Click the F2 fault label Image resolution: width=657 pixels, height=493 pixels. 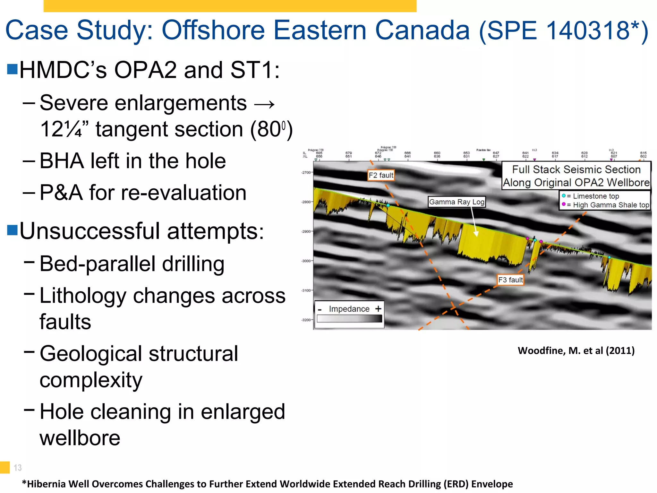[381, 175]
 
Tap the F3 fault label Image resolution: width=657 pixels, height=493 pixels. [510, 280]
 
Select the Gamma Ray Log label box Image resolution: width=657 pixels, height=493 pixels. [457, 202]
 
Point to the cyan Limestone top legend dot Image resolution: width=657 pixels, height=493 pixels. [564, 196]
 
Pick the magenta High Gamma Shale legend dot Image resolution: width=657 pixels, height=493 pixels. [564, 204]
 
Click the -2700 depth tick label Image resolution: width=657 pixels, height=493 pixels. [306, 172]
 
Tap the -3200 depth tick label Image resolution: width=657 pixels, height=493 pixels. [306, 320]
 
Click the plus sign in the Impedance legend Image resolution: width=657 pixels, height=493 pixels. [379, 308]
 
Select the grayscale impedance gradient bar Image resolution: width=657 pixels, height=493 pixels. [349, 318]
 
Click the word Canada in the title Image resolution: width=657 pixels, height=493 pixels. [422, 30]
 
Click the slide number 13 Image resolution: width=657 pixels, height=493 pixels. [18, 468]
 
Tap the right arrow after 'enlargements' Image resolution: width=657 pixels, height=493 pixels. [264, 104]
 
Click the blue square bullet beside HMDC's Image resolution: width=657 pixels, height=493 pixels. [12, 69]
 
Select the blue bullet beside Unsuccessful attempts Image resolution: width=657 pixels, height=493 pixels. [12, 230]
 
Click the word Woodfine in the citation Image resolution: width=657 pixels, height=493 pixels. [542, 350]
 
